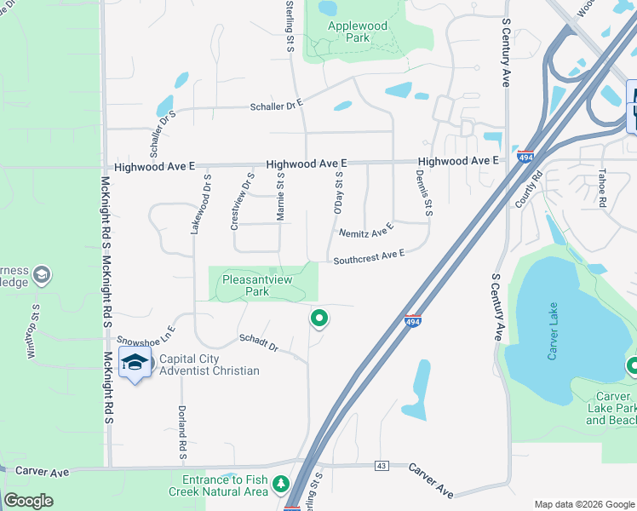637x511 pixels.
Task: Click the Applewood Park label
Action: [358, 32]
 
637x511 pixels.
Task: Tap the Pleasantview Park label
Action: [257, 284]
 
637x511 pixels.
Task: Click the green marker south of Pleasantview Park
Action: [319, 319]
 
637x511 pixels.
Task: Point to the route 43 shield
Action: [380, 465]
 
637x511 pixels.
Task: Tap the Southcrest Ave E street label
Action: [368, 257]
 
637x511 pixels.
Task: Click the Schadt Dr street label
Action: [259, 342]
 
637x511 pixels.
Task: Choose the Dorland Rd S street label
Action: [181, 432]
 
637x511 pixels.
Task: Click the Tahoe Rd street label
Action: [600, 188]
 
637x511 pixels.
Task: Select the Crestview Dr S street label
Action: [243, 201]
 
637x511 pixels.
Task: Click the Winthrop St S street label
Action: [35, 331]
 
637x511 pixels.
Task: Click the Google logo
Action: [29, 501]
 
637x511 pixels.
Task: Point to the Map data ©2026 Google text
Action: [583, 504]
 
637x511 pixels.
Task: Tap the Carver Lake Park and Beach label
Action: [612, 408]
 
